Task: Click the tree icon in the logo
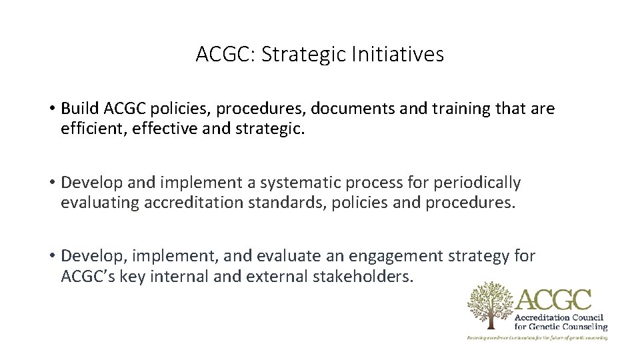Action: [490, 305]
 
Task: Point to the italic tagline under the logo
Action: [537, 338]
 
